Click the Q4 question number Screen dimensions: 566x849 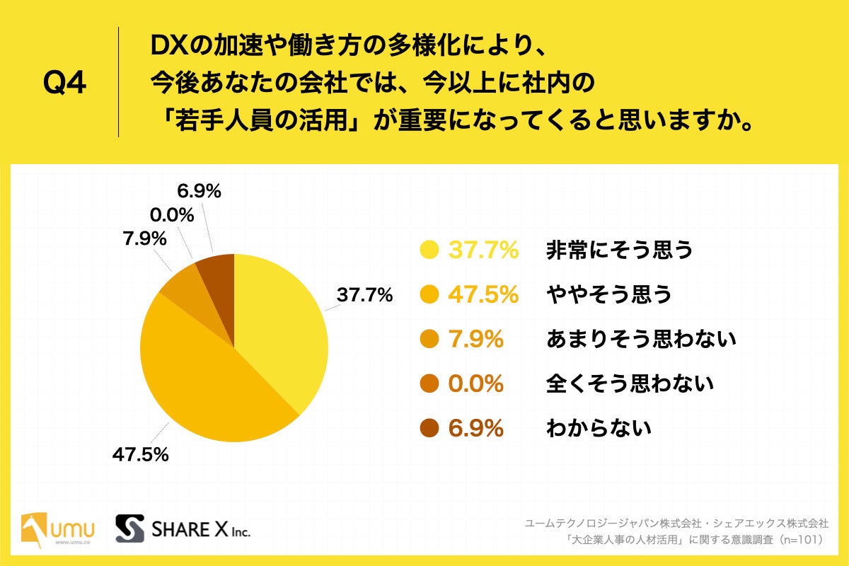64,83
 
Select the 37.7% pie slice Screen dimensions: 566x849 283,325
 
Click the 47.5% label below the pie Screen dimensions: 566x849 140,454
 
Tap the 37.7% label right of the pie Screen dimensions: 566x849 364,296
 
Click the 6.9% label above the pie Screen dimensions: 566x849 199,190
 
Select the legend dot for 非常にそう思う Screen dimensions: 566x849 428,250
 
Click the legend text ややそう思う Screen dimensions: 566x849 608,294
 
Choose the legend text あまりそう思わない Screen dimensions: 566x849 641,339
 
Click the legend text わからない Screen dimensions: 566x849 599,428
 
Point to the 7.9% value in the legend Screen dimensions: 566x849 476,339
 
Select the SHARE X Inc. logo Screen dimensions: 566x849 183,528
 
